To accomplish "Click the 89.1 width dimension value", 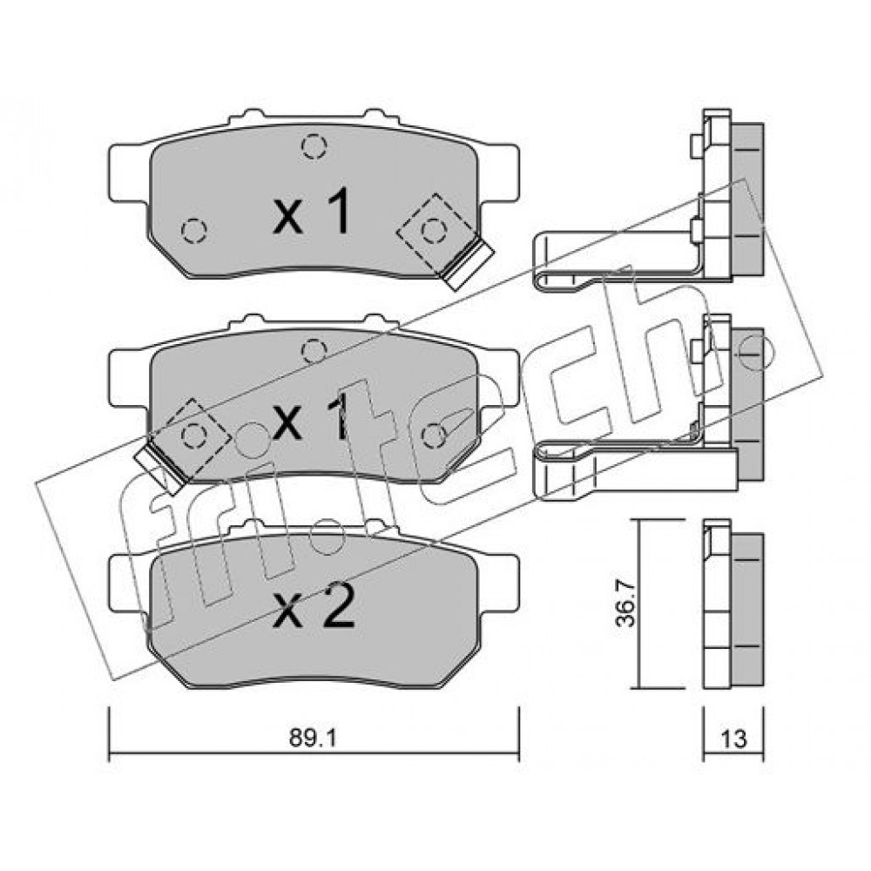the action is (x=314, y=739).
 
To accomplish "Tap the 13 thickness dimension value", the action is (x=733, y=739).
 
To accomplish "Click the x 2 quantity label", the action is (x=314, y=608).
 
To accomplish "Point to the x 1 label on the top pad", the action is (x=312, y=212).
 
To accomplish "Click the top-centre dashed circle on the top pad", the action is (x=314, y=146).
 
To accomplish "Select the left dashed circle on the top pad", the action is (x=194, y=231).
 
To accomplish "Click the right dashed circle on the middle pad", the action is (x=434, y=435).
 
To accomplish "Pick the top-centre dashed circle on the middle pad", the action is (x=314, y=351).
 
